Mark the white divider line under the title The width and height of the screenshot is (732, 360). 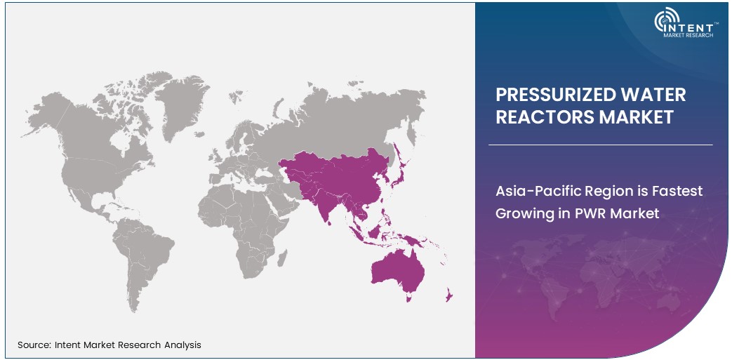pos(600,145)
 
